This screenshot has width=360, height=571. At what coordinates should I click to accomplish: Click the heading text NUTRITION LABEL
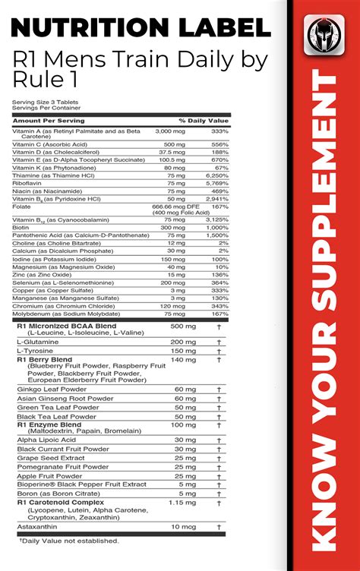click(141, 30)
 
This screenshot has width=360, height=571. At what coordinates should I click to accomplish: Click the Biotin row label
click(22, 227)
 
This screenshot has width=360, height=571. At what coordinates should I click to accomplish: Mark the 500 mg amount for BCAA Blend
click(183, 326)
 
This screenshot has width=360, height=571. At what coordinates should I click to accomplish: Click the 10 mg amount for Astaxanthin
click(185, 547)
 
